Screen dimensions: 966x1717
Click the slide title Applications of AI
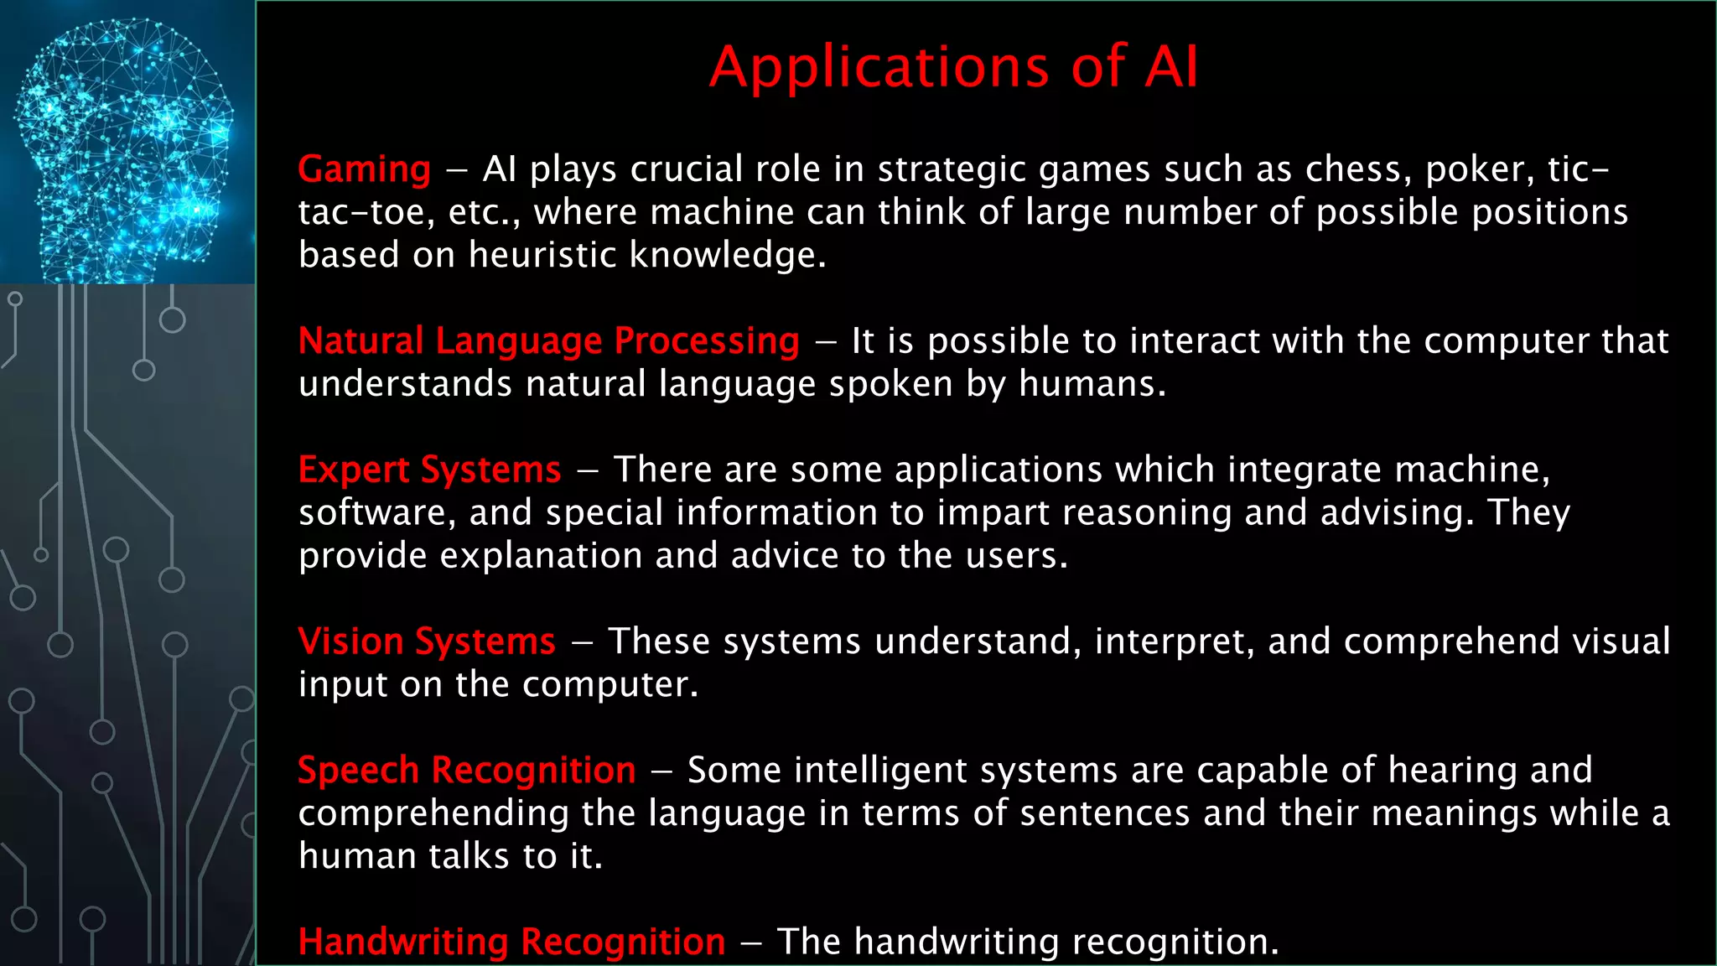click(x=954, y=67)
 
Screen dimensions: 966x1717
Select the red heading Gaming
click(x=364, y=170)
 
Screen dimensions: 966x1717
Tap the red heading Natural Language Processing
click(x=548, y=341)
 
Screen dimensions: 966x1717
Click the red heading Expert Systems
click(x=429, y=470)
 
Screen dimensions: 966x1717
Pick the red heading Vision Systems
click(x=426, y=642)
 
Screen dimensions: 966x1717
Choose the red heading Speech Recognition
click(x=466, y=771)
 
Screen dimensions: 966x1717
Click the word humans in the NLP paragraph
click(x=1091, y=385)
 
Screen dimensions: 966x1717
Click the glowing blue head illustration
click(x=126, y=143)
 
